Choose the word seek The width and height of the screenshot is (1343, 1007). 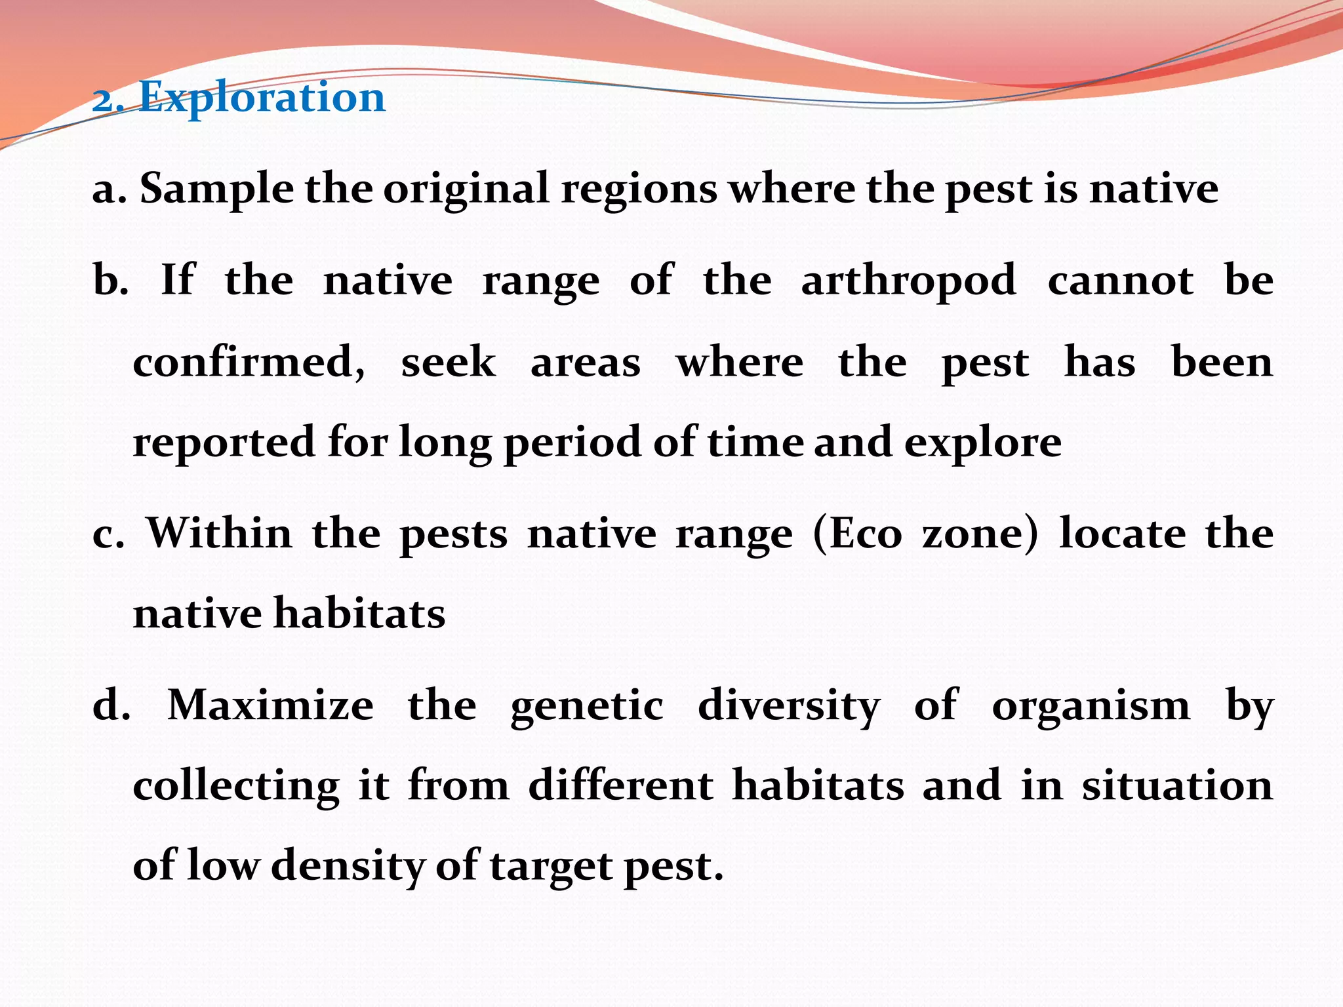pos(449,363)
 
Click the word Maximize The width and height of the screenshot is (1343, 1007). pos(271,706)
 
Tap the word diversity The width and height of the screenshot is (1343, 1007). pos(789,706)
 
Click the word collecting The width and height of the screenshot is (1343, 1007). pos(236,787)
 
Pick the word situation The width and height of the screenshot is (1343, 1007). pos(1177,785)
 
